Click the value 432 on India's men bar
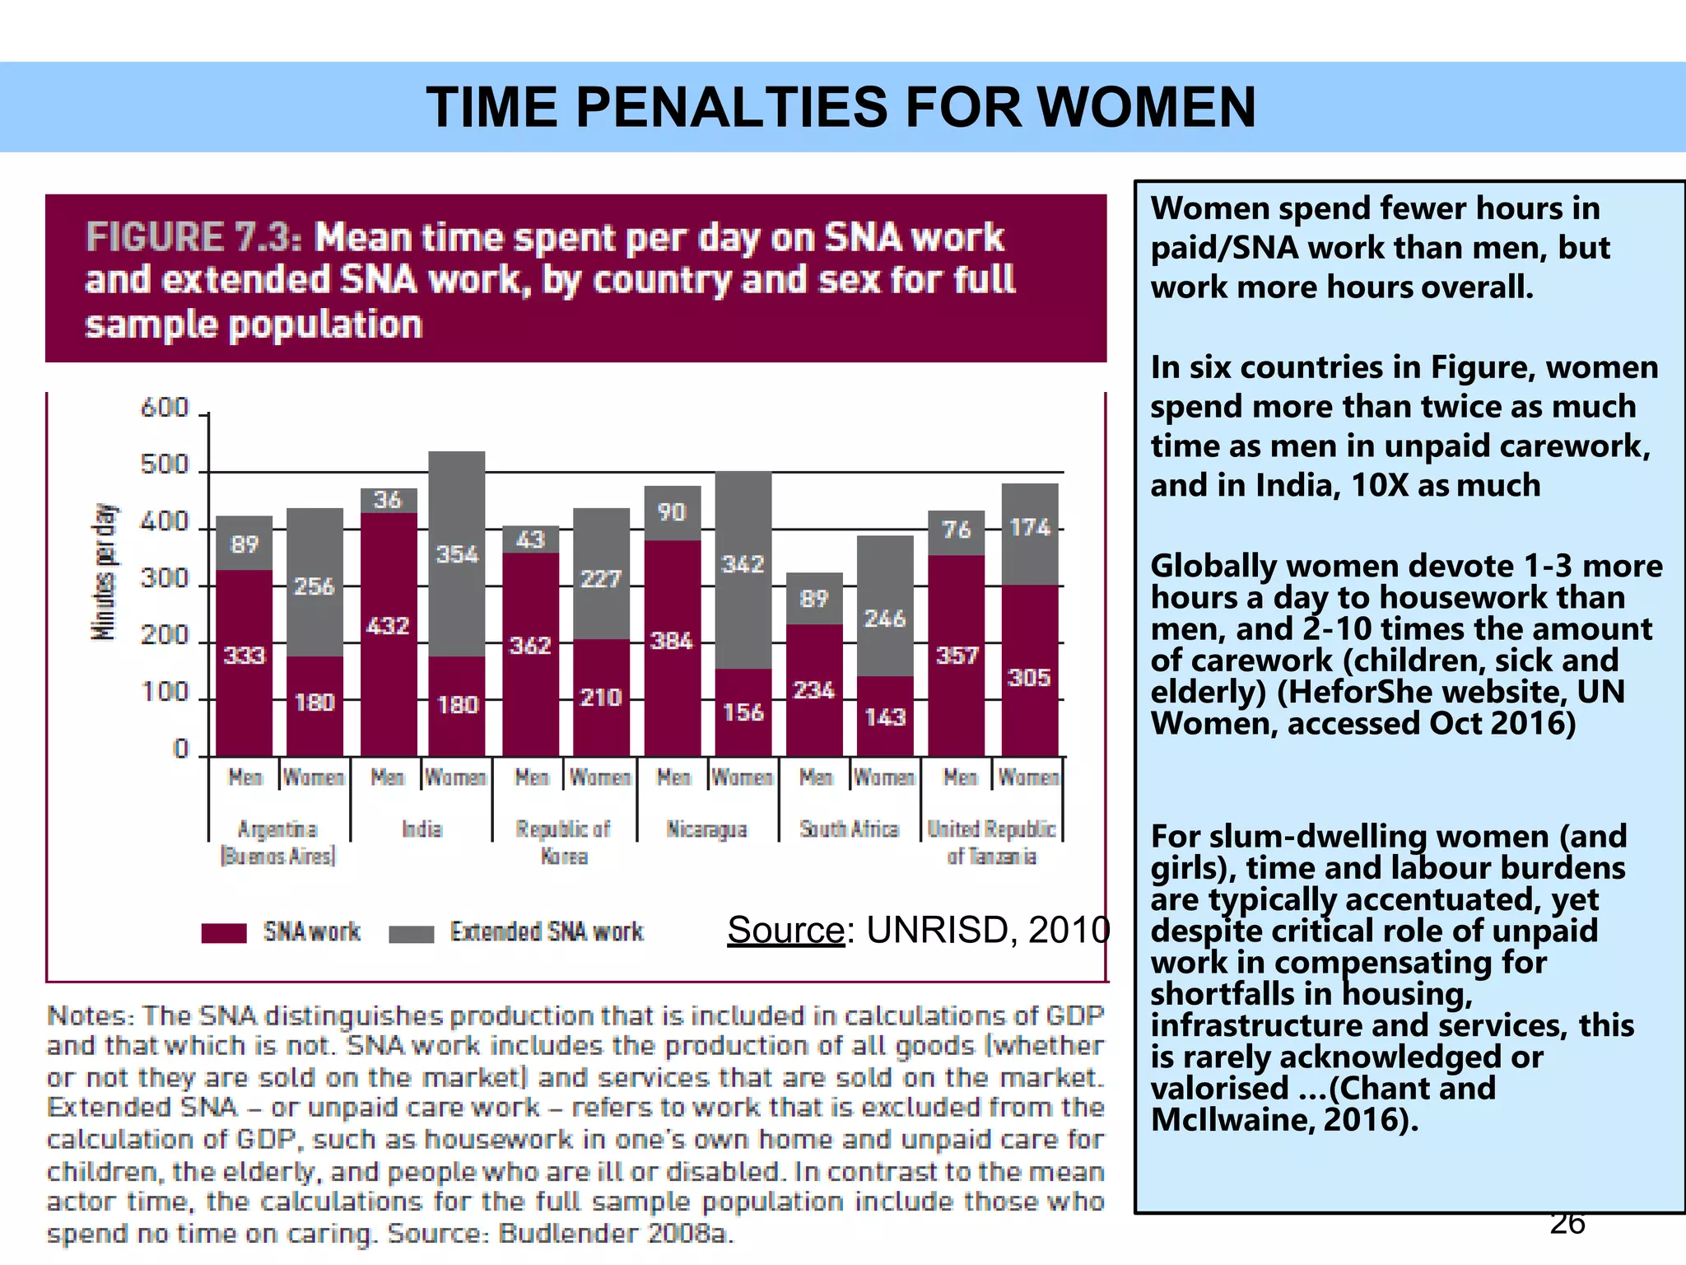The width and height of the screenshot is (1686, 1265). click(388, 626)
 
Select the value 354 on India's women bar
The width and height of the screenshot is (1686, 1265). click(457, 554)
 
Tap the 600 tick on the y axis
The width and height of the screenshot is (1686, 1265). click(165, 408)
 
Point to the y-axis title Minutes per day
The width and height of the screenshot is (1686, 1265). click(104, 572)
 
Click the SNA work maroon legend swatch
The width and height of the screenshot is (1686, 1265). click(224, 932)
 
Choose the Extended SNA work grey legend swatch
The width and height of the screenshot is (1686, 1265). click(411, 933)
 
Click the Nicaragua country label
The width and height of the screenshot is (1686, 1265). click(707, 829)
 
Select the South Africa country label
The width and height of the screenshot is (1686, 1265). click(849, 829)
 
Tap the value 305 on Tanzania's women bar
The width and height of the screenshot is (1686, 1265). click(1029, 678)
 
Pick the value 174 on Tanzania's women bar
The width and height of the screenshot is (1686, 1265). click(1030, 527)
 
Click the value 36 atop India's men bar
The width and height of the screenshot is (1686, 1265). click(388, 500)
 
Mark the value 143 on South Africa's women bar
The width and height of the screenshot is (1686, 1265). click(885, 717)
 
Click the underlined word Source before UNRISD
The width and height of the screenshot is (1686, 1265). click(785, 930)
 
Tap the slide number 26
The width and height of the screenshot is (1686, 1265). click(1567, 1223)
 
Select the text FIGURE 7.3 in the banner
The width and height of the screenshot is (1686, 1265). click(193, 238)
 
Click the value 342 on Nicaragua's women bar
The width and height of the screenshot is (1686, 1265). click(743, 564)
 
